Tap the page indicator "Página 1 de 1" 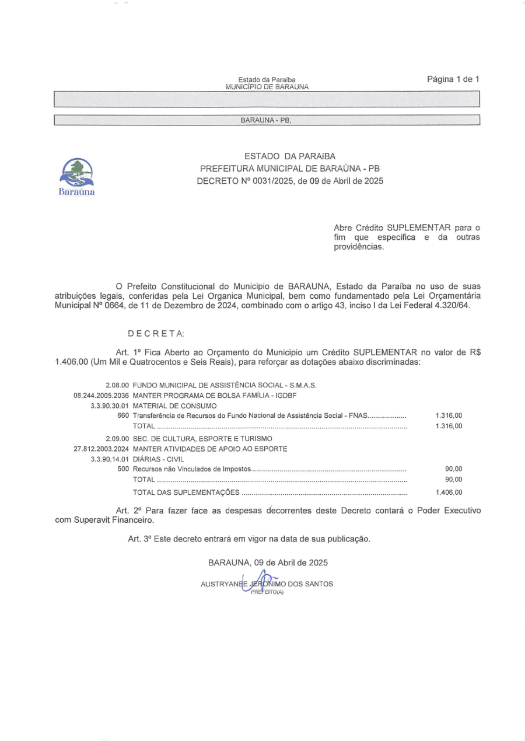pos(453,79)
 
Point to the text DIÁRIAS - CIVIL pos(158,459)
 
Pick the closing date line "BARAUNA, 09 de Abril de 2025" pos(267,563)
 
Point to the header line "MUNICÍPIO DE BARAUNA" pos(267,86)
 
